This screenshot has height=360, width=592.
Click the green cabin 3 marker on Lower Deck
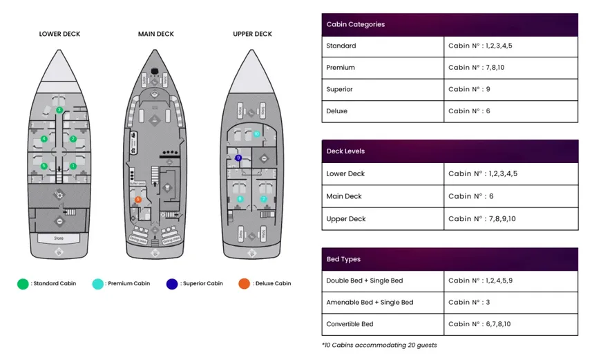point(59,110)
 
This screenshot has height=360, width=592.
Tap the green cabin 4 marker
point(44,139)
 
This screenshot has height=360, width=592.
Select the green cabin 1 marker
point(73,166)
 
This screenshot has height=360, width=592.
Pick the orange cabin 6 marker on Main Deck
point(138,200)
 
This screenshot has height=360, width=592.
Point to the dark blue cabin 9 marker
point(238,158)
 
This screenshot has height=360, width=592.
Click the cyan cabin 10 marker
point(256,133)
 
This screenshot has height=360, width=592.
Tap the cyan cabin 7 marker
point(263,199)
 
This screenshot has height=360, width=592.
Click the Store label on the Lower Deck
point(59,238)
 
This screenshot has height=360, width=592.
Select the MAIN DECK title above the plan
point(156,34)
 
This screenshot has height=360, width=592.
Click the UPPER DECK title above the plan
point(252,34)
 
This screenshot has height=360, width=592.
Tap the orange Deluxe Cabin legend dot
point(244,284)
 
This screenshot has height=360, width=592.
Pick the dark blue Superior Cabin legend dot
point(172,284)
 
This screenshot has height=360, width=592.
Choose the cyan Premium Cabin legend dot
point(97,284)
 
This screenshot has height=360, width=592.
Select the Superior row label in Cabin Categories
point(340,89)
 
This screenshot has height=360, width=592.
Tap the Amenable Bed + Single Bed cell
point(370,302)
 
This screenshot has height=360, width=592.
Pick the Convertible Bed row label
point(350,324)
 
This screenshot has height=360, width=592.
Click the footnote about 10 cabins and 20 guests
point(379,345)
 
